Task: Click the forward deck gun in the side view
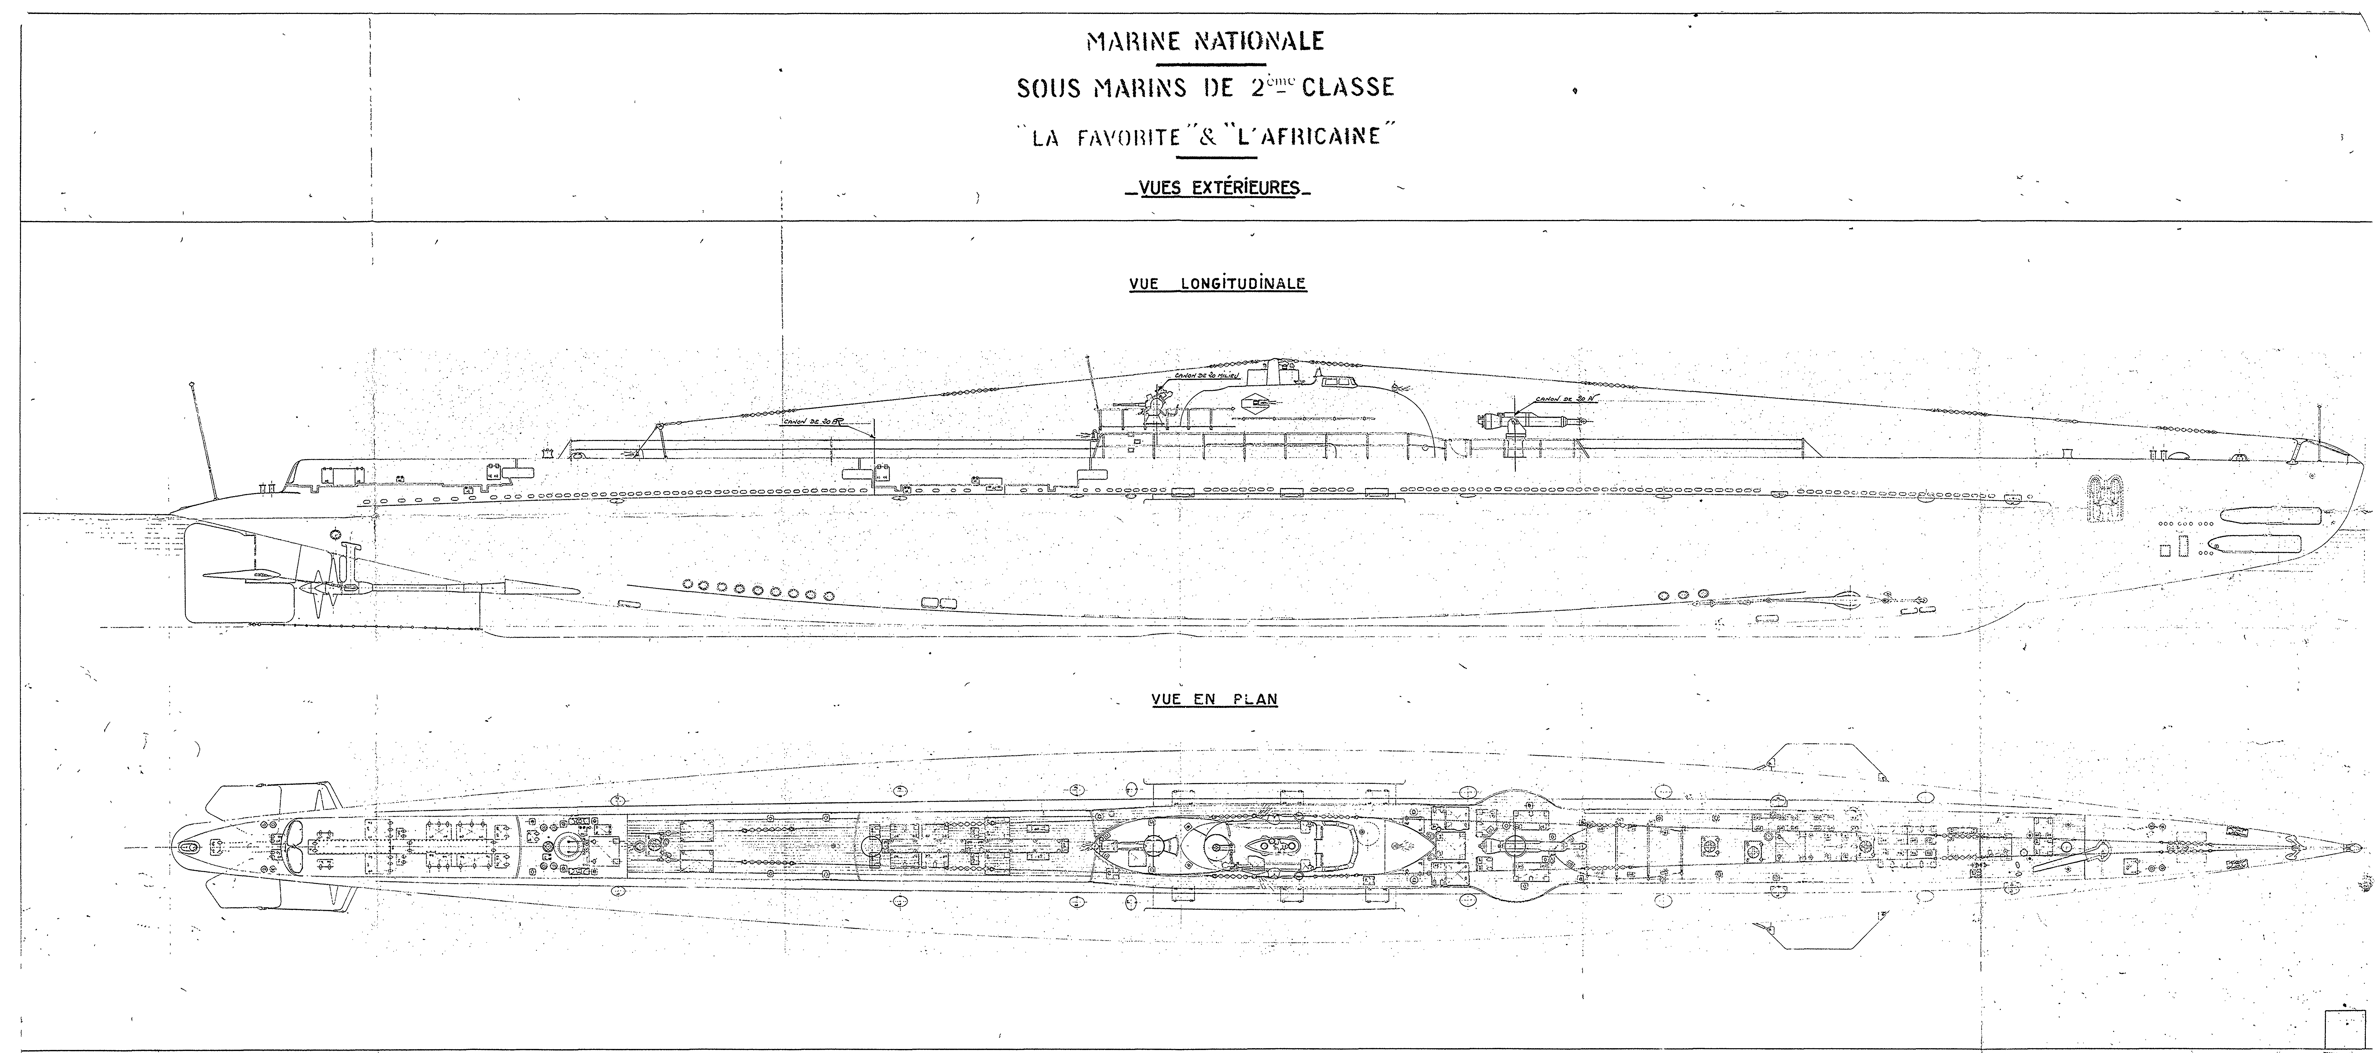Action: pyautogui.click(x=1515, y=420)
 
